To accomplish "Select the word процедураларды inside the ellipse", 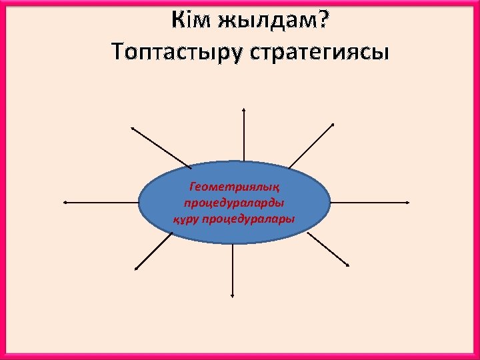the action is pyautogui.click(x=234, y=203).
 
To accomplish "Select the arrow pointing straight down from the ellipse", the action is pyautogui.click(x=232, y=270).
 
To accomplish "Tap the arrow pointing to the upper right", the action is pyautogui.click(x=311, y=145).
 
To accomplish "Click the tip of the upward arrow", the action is pyautogui.click(x=244, y=109).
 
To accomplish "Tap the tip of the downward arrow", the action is pyautogui.click(x=232, y=296).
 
